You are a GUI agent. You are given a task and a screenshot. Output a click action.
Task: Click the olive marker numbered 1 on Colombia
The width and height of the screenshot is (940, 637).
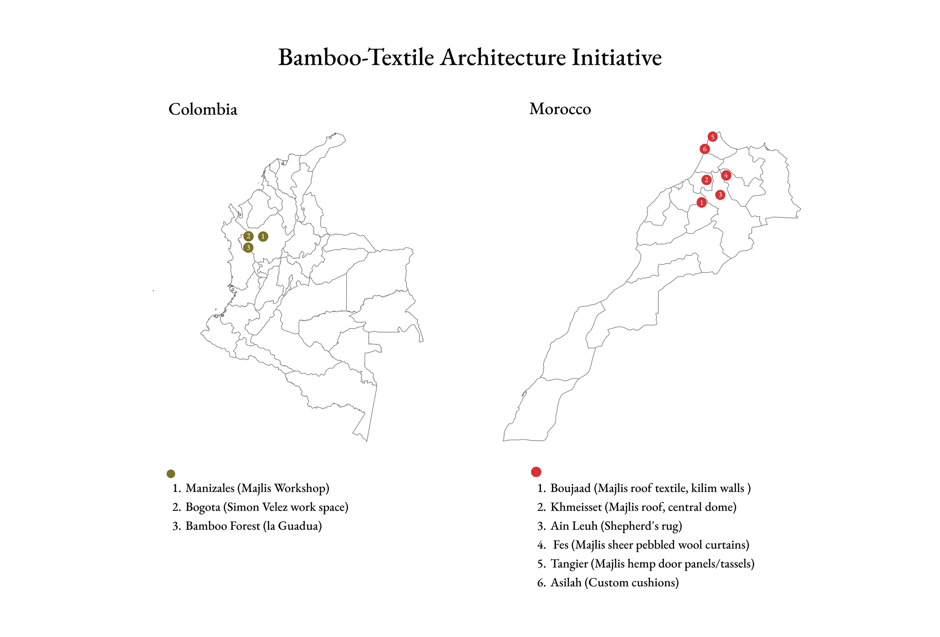[263, 236]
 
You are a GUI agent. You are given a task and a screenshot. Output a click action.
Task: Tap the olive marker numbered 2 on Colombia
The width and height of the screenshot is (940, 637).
[248, 236]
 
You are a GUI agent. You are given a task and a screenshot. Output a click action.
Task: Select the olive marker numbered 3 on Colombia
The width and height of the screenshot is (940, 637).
[248, 248]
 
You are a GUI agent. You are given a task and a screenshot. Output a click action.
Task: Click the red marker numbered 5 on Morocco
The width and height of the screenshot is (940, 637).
[712, 137]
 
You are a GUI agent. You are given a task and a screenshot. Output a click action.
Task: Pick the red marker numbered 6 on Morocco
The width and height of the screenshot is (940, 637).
[705, 149]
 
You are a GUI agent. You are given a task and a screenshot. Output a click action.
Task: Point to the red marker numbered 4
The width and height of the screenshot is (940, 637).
[726, 175]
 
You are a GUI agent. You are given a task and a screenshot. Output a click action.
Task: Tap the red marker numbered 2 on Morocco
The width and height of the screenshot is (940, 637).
[706, 180]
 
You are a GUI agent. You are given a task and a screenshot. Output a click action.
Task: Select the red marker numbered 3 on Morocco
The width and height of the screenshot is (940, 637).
[720, 195]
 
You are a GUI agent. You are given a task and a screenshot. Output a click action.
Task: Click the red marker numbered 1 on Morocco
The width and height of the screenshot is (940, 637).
[702, 203]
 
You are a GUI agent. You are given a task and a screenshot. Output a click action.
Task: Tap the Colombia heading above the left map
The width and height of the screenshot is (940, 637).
[203, 109]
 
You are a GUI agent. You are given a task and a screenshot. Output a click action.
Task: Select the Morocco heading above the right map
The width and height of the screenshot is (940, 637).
[560, 109]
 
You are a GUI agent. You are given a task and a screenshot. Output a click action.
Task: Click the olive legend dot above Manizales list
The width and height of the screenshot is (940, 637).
[171, 473]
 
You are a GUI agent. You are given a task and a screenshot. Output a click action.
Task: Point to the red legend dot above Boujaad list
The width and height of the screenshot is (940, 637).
[536, 472]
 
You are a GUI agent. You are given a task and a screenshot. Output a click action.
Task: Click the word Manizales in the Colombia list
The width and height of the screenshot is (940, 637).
[210, 488]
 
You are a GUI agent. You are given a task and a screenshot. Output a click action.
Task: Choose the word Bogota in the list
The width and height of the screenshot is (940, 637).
[203, 507]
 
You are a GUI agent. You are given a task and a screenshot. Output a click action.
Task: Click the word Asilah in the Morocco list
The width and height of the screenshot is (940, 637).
[566, 583]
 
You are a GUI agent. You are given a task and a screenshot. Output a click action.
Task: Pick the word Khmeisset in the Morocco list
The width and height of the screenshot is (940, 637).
[576, 507]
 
